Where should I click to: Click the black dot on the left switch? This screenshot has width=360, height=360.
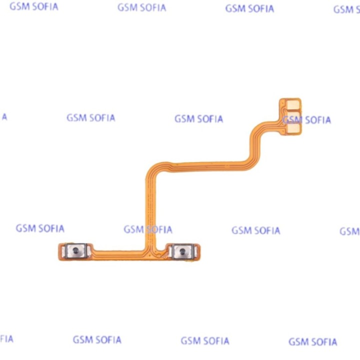75,250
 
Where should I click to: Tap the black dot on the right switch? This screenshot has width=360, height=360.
182,251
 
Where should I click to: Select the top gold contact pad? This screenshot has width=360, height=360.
293,105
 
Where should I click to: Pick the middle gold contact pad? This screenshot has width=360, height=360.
293,117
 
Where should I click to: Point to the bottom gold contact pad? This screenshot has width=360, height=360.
293,128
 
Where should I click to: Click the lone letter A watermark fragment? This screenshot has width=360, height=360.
4,117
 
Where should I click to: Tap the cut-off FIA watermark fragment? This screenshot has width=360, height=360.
6,339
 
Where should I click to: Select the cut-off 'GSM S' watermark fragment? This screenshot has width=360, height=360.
346,9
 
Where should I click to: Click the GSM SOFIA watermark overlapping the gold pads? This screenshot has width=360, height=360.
306,120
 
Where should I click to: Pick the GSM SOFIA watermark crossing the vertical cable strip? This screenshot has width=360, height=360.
148,229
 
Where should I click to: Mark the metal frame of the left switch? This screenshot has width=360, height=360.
76,250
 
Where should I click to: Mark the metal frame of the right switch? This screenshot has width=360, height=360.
183,252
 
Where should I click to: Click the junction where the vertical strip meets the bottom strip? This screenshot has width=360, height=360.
150,252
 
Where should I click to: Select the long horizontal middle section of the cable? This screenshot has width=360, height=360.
208,166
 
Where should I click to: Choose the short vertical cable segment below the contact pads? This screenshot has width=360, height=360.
255,144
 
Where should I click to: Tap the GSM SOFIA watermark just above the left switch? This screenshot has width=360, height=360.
40,228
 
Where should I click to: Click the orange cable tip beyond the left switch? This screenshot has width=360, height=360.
60,251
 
